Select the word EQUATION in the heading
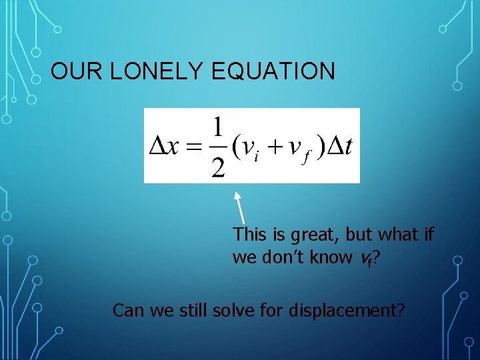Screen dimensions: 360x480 point(273,71)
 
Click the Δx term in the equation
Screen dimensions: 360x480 point(164,146)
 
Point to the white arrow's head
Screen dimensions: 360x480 point(236,195)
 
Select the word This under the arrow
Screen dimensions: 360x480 point(249,235)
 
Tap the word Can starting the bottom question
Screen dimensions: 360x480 point(127,311)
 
